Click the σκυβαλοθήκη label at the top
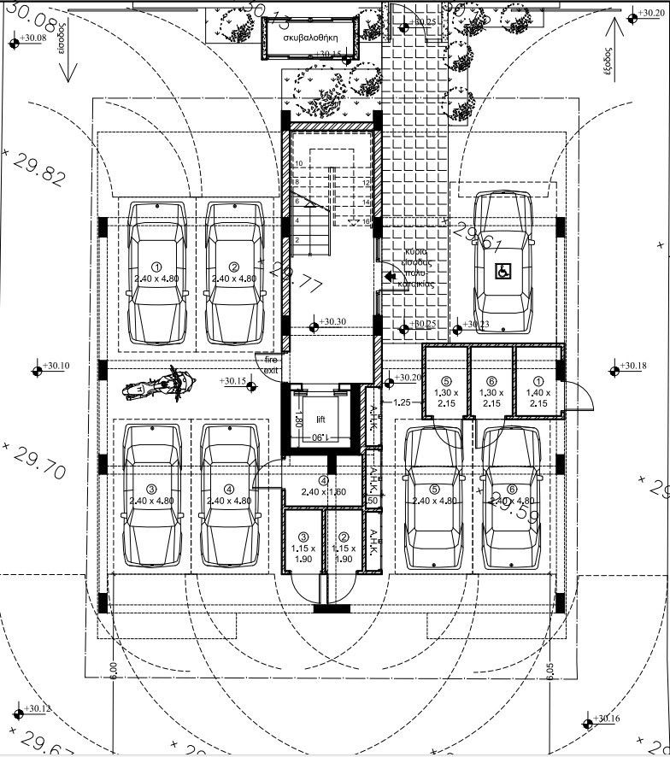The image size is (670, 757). (x=312, y=38)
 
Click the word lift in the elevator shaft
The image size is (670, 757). (x=320, y=420)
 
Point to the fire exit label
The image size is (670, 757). (x=270, y=366)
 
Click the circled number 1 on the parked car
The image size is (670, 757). (x=156, y=267)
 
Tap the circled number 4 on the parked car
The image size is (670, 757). (x=228, y=490)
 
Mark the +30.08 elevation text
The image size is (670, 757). (x=32, y=39)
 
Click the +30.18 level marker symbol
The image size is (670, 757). (x=614, y=371)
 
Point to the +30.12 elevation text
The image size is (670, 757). (x=36, y=709)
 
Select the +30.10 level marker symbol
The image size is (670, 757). (x=38, y=370)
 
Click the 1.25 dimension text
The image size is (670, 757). (x=403, y=402)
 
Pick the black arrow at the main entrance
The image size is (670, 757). (x=391, y=276)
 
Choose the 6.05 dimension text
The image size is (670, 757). (x=550, y=672)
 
